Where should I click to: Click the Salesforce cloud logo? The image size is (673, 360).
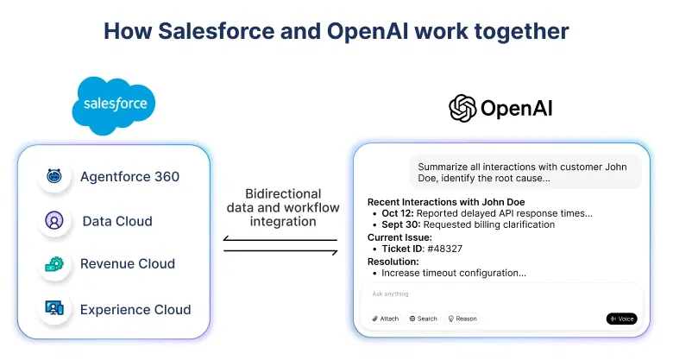click(115, 105)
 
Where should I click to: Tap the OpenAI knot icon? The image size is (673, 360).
click(462, 108)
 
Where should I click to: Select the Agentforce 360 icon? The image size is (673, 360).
click(54, 176)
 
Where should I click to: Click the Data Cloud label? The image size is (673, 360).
click(116, 221)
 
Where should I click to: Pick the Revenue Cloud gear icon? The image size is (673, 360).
click(54, 264)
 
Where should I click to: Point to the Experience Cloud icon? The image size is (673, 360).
click(54, 308)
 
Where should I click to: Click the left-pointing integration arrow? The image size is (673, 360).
click(280, 239)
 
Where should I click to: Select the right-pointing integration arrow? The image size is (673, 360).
click(280, 251)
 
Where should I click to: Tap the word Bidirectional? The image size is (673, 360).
click(283, 194)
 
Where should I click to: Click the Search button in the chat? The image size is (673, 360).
click(423, 319)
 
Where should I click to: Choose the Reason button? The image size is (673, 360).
click(462, 319)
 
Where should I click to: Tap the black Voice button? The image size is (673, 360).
click(621, 319)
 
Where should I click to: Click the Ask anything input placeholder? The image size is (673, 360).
click(390, 294)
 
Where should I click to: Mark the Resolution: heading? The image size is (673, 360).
click(393, 261)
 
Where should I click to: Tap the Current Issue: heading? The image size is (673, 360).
click(399, 237)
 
